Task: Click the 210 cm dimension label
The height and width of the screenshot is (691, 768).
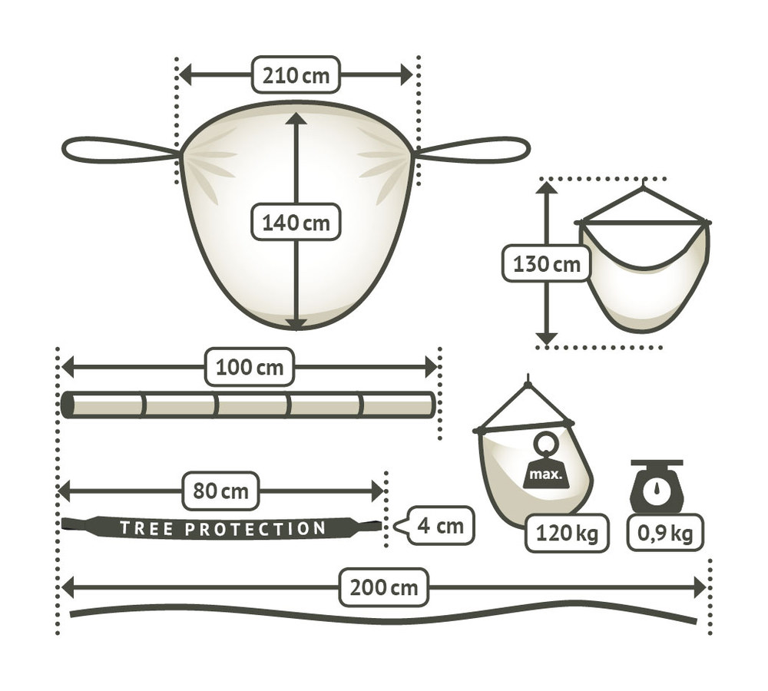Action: coord(296,75)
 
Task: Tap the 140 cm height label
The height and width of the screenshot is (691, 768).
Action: coord(296,223)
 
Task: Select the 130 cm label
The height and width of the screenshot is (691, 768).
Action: coord(547,263)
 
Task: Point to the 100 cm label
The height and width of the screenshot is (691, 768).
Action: coord(250,367)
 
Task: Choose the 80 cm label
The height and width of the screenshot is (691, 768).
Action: coord(220,491)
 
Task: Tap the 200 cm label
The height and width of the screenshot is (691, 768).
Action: coord(384,587)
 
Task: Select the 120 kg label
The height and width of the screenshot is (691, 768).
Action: coord(568,533)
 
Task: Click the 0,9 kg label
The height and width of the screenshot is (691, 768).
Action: coord(665,533)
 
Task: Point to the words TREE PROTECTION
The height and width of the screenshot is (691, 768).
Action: coord(223,528)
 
